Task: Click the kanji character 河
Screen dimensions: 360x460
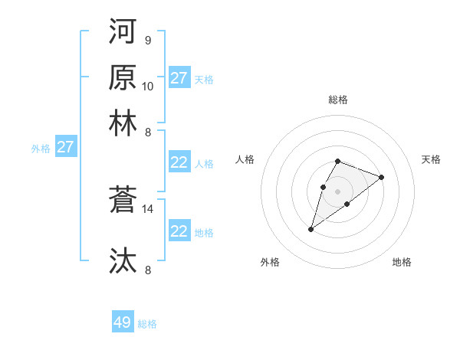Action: (123, 31)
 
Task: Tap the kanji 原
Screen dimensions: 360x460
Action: (123, 77)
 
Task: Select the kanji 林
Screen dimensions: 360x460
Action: (123, 123)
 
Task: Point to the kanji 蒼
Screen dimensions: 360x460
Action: (123, 199)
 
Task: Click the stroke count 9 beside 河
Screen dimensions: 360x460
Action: (147, 40)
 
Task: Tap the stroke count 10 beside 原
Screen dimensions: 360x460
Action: (148, 86)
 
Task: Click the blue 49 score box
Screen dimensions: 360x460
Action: (123, 322)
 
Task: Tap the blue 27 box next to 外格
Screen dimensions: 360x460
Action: (65, 147)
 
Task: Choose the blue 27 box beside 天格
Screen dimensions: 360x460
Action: (179, 78)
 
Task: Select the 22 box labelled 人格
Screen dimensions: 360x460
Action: (179, 162)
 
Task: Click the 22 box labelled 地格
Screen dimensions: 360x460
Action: (179, 231)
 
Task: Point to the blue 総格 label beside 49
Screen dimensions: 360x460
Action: (147, 324)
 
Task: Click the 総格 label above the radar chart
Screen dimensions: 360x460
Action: (338, 100)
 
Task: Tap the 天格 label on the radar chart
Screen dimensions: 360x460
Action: (431, 159)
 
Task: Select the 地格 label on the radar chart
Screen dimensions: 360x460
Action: (402, 263)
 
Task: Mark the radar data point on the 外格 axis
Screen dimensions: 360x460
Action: (311, 228)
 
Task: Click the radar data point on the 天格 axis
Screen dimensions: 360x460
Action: (381, 177)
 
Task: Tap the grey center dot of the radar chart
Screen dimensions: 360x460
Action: (337, 191)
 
